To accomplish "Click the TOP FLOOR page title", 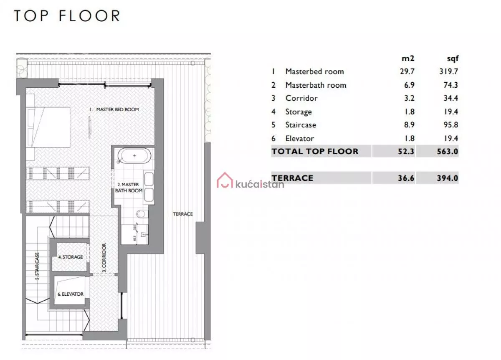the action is click(x=67, y=16).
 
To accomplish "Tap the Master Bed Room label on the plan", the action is click(x=114, y=109).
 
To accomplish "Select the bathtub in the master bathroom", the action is click(x=134, y=155).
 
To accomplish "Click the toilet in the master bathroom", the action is click(x=142, y=214).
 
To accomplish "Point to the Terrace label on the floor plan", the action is click(x=183, y=214).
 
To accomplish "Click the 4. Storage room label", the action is click(x=71, y=257).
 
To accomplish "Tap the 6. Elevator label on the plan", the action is click(x=71, y=294).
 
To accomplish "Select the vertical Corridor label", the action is click(x=104, y=258).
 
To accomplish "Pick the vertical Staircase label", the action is click(x=37, y=266).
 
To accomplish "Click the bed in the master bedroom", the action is click(x=48, y=127).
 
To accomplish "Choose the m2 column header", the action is click(x=408, y=58).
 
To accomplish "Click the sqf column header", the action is click(x=453, y=59).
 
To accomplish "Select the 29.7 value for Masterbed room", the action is click(x=407, y=71).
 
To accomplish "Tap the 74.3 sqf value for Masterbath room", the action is click(x=450, y=85).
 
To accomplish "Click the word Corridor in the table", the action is click(x=301, y=98).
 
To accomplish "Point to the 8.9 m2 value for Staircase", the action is click(x=409, y=124).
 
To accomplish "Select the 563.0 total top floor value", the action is click(x=448, y=152).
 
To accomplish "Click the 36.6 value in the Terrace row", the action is click(x=406, y=178).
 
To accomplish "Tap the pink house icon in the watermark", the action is click(x=225, y=180).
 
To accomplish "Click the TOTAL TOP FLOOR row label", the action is click(x=315, y=152).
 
